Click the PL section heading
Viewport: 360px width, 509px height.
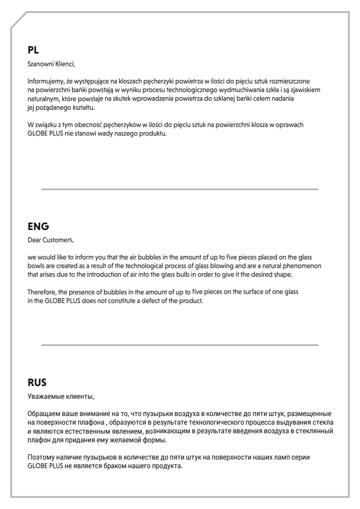click(33, 50)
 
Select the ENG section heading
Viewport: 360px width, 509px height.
click(38, 226)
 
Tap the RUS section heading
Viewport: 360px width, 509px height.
click(37, 382)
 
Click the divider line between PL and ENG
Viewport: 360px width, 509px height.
click(180, 189)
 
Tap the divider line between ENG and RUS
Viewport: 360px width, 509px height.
click(180, 345)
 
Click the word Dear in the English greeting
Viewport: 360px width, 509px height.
click(35, 240)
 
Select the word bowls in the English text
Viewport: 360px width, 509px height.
click(36, 266)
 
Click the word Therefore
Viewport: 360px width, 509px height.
click(42, 292)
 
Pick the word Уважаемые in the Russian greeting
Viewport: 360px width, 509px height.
click(44, 396)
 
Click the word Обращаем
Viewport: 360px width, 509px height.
click(43, 414)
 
